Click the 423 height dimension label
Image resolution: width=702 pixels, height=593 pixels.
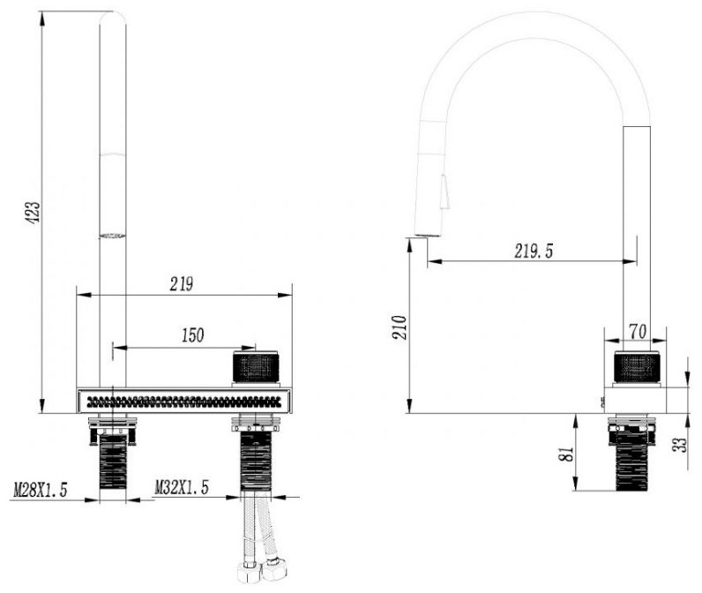pos(34,213)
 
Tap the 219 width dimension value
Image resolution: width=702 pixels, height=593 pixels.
pos(182,284)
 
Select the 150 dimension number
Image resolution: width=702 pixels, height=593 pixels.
pos(192,335)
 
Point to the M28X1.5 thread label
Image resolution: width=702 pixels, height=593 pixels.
pos(41,490)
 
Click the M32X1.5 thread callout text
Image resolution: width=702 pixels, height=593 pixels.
pos(182,487)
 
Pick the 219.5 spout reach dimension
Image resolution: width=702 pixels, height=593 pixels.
pos(534,251)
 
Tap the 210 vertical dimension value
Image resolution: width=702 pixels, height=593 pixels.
pos(400,327)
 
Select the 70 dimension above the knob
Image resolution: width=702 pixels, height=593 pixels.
pos(638,332)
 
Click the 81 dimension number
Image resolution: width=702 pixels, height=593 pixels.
pos(566,454)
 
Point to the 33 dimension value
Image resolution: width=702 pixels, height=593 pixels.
pos(680,445)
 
